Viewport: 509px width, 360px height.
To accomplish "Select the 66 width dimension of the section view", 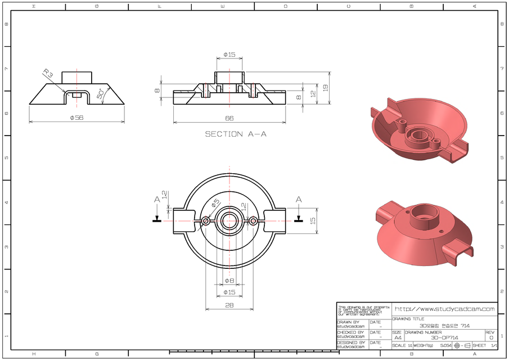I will [229, 118].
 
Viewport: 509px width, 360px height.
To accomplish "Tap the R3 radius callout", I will [49, 74].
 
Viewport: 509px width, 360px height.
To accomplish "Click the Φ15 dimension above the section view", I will [229, 55].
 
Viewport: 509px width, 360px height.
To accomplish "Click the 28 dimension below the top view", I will [229, 305].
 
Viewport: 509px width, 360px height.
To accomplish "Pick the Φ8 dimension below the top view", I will [229, 280].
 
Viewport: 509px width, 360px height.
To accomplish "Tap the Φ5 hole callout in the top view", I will [215, 204].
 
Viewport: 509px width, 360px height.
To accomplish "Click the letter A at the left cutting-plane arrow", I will [157, 199].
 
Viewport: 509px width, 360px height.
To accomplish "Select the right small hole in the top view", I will [254, 221].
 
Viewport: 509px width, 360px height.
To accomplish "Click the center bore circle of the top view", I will [229, 221].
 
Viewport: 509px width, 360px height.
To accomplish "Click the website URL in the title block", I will [444, 309].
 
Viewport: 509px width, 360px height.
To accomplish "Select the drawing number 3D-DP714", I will [444, 337].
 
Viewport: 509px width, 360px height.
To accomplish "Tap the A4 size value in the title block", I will [398, 337].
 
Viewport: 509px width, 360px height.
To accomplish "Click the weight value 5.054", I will [445, 345].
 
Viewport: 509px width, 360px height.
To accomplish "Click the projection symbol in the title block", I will [461, 345].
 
